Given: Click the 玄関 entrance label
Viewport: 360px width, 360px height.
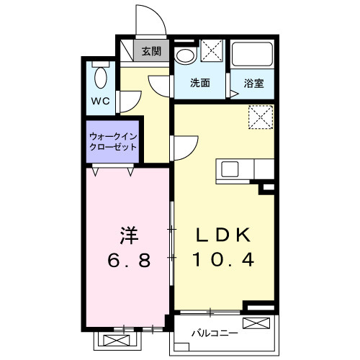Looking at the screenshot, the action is tap(151, 51).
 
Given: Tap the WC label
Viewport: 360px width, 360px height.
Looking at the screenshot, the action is tap(101, 101).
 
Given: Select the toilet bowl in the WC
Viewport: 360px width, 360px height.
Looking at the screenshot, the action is tap(101, 78).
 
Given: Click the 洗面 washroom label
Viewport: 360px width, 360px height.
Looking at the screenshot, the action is tap(200, 83).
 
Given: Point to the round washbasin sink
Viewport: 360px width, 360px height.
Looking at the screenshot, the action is tap(185, 56).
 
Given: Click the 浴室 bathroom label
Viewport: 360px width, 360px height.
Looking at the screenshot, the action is tap(253, 84).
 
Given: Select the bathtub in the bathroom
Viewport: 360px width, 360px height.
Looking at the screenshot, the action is tap(252, 54).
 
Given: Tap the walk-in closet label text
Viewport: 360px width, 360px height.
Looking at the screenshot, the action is tap(113, 142).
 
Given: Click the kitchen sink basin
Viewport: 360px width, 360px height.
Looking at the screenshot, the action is tap(230, 169).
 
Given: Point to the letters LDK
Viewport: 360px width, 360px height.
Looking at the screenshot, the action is tap(224, 235).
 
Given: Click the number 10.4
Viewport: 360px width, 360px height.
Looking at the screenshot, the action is tap(224, 260).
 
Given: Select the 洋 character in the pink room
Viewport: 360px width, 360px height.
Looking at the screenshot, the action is tap(129, 235).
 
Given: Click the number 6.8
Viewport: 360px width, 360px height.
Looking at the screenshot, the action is tap(129, 261).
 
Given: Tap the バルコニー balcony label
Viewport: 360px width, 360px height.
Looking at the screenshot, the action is tap(215, 333).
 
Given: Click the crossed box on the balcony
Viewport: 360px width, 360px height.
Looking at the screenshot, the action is tap(256, 323).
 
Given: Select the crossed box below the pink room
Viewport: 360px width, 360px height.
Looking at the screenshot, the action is tap(117, 341).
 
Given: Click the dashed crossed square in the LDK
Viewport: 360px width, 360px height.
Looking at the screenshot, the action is tap(261, 117).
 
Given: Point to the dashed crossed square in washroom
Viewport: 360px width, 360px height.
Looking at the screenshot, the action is tap(212, 50).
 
